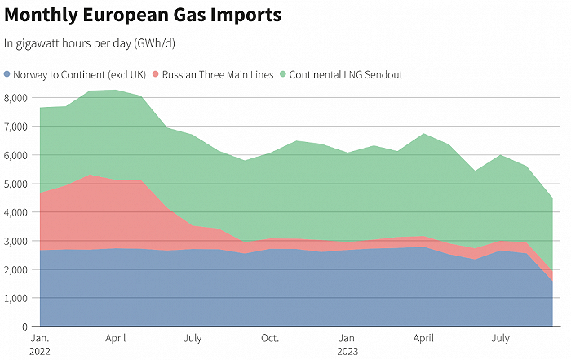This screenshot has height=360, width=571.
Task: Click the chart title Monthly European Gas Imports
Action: pyautogui.click(x=143, y=15)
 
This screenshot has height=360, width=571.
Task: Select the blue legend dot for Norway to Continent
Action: pyautogui.click(x=8, y=75)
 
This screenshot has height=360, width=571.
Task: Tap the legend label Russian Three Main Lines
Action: pyautogui.click(x=216, y=75)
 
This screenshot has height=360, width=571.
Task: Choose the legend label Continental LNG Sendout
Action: pyautogui.click(x=346, y=75)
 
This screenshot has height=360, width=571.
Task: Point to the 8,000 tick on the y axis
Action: pyautogui.click(x=16, y=98)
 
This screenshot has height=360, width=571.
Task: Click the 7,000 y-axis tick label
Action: pyautogui.click(x=16, y=127)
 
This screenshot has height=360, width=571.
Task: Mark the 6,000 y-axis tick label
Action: pyautogui.click(x=16, y=155)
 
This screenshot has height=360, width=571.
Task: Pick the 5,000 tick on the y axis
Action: pyautogui.click(x=16, y=184)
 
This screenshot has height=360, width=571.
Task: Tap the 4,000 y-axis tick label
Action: pyautogui.click(x=16, y=212)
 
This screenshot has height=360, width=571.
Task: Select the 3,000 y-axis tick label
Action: pyautogui.click(x=16, y=241)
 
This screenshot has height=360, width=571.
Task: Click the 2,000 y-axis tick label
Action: pyautogui.click(x=16, y=269)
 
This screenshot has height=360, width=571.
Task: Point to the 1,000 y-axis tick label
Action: pyautogui.click(x=16, y=298)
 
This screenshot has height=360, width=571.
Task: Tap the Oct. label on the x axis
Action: pyautogui.click(x=270, y=337)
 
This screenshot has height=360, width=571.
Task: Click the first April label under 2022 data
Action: pyautogui.click(x=116, y=337)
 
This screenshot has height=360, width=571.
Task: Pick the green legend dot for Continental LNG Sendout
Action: pyautogui.click(x=282, y=75)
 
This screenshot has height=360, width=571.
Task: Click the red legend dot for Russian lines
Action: pyautogui.click(x=156, y=75)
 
